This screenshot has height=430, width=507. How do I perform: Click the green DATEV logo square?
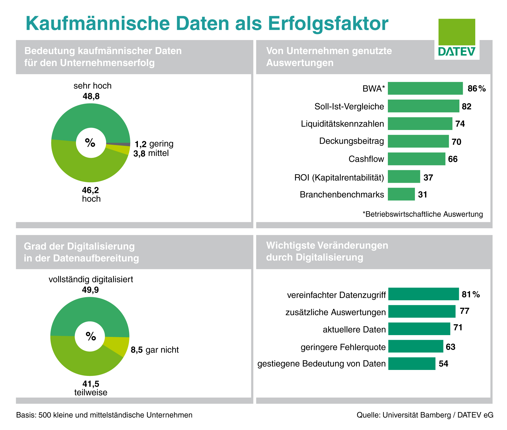(457, 32)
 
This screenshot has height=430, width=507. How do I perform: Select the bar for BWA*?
(425, 88)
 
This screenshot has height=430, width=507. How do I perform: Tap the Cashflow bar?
(416, 159)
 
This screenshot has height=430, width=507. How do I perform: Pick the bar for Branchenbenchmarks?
(401, 194)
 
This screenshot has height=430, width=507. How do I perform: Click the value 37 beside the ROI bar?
(428, 178)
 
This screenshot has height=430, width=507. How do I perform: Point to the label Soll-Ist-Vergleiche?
(349, 106)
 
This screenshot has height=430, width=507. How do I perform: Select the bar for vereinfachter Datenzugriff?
(423, 294)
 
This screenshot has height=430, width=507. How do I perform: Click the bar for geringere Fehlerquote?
(415, 346)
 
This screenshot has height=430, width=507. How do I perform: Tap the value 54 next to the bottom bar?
(443, 364)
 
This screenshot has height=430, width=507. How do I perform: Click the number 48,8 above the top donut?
(91, 96)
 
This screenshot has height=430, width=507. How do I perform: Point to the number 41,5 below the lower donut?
(91, 384)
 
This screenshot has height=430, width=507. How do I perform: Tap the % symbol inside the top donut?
(90, 143)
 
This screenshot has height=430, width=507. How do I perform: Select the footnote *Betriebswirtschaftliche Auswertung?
(423, 214)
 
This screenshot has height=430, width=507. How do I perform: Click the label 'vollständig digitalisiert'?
(91, 279)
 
